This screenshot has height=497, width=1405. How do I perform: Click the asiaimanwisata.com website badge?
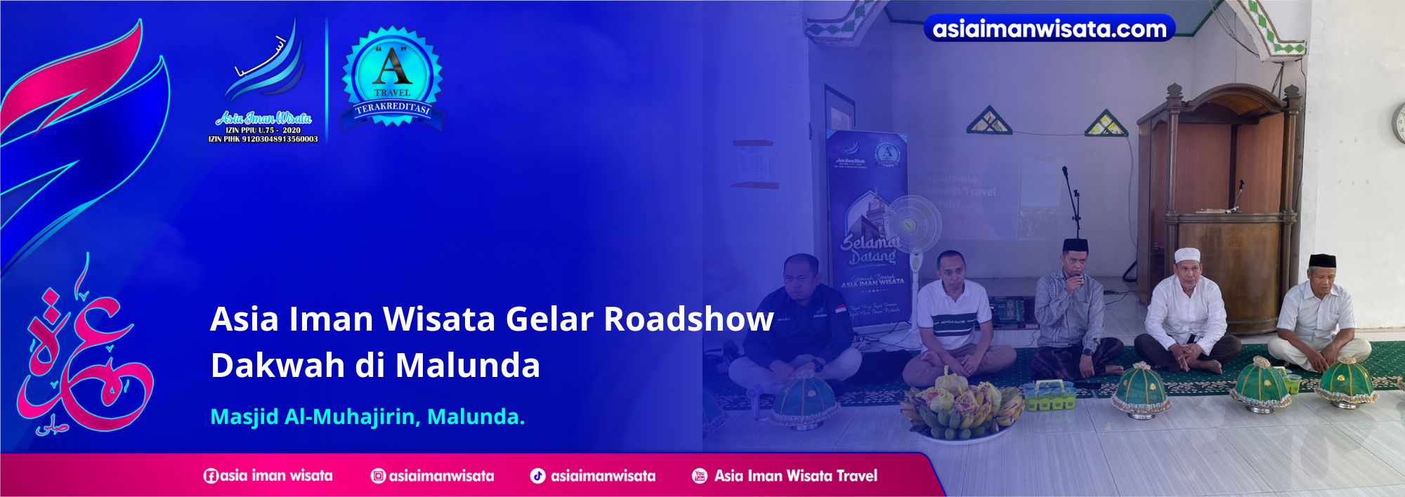[x=1049, y=28]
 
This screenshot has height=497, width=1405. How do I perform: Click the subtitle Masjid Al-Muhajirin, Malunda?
[x=367, y=417]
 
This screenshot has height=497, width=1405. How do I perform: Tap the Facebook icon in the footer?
[x=211, y=476]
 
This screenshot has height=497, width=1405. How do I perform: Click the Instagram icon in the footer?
[x=378, y=476]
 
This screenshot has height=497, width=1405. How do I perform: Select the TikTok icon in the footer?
[x=537, y=476]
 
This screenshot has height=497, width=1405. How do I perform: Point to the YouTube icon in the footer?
[x=700, y=476]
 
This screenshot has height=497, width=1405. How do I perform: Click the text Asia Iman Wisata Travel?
[x=795, y=476]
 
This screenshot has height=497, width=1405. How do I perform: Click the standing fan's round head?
[x=912, y=225]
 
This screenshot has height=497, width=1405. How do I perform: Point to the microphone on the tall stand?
[x=1066, y=171]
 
